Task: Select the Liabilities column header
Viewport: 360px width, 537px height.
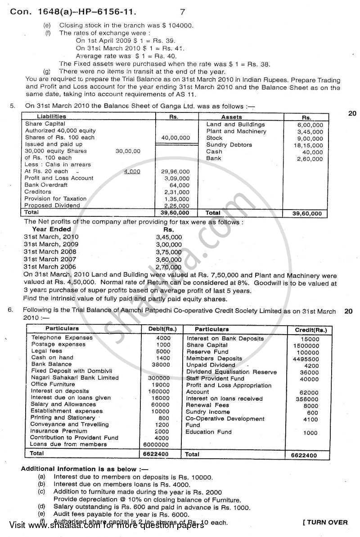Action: pos(51,116)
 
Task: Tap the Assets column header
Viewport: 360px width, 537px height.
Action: pos(232,117)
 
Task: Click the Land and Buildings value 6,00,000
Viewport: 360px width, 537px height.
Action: pos(310,125)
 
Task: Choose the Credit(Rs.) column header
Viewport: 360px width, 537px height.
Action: pos(311,330)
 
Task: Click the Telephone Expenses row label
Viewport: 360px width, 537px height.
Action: pos(62,338)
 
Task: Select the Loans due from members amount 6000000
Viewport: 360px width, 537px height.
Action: pos(157,444)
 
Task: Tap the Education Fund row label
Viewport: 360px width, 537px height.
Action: pos(208,432)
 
